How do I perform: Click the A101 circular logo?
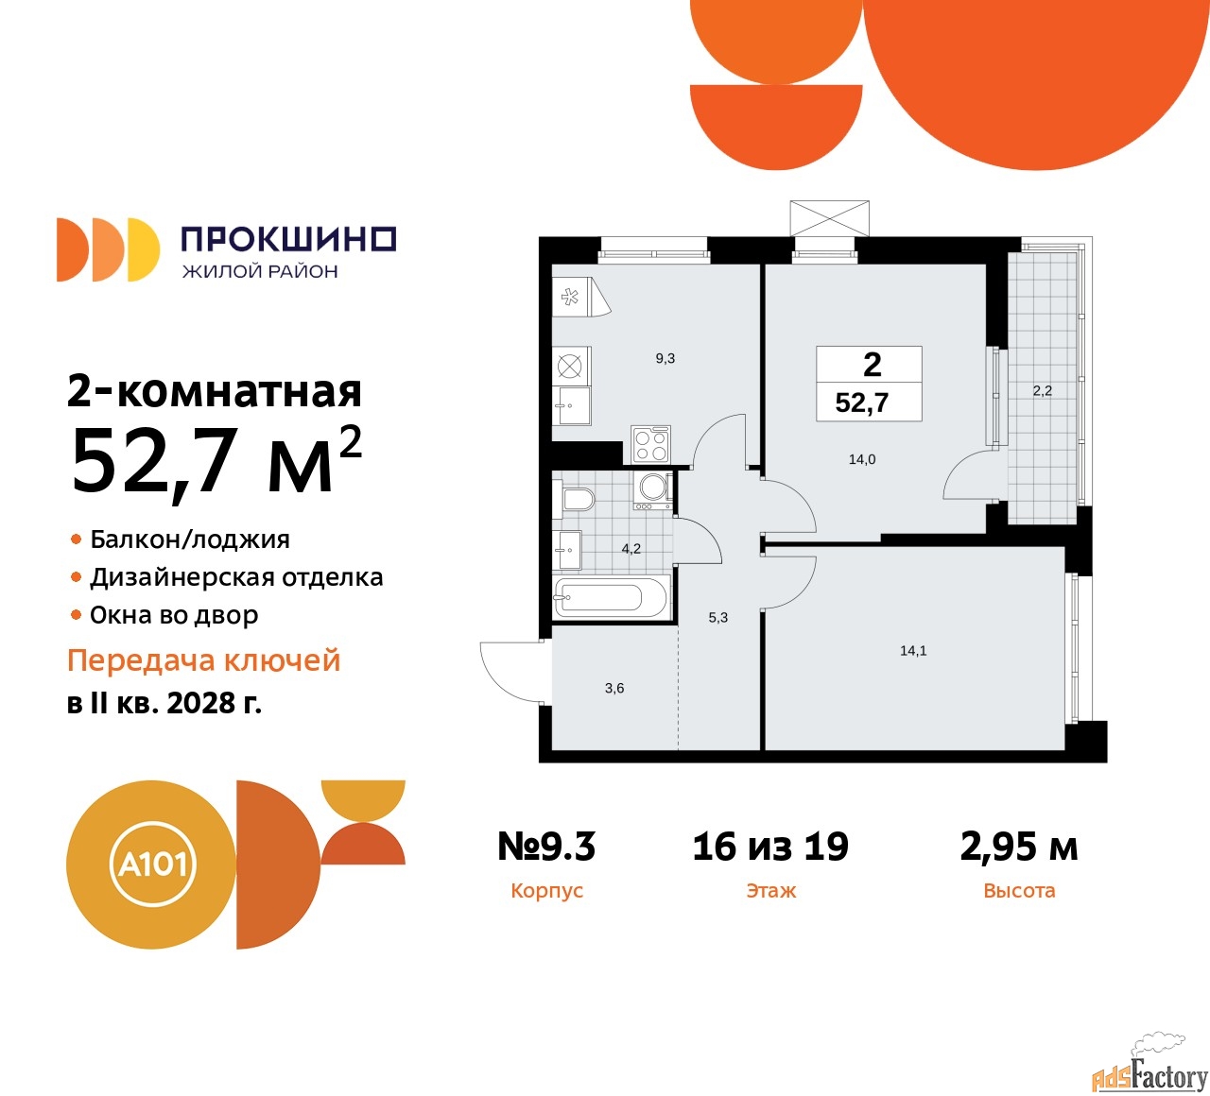tap(151, 865)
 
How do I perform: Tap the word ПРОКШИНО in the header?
tap(288, 239)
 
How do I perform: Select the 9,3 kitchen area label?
tap(665, 359)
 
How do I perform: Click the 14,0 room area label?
tap(862, 460)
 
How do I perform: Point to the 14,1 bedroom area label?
tap(913, 651)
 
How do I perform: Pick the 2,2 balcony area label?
tap(1042, 390)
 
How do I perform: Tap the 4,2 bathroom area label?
tap(631, 549)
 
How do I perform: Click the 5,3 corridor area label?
tap(718, 618)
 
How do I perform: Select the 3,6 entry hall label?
tap(614, 689)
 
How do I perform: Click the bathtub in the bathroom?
tap(613, 597)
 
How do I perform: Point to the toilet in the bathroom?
tap(577, 499)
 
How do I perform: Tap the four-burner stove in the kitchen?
tap(650, 444)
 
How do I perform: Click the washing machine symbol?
tap(653, 488)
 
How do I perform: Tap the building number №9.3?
tap(546, 847)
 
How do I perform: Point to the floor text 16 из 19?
tap(770, 847)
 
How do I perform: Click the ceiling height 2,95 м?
tap(1018, 847)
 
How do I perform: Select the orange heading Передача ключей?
tap(203, 660)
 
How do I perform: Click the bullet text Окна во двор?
tap(174, 616)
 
